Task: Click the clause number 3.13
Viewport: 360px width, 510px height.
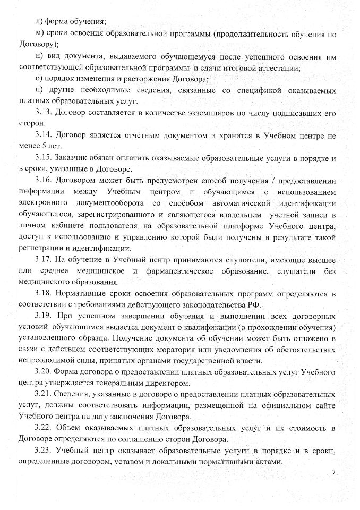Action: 44,113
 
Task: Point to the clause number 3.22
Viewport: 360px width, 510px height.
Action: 44,428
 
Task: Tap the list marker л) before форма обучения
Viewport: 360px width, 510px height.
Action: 38,22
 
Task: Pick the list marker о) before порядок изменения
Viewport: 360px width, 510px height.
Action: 38,79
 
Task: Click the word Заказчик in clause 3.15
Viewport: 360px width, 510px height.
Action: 75,158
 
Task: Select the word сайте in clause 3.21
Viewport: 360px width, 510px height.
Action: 325,406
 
